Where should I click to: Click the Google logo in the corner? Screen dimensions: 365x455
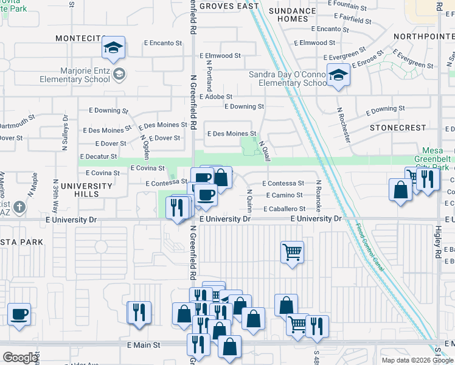[x=20, y=358]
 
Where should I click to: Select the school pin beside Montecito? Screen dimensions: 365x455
[x=113, y=48]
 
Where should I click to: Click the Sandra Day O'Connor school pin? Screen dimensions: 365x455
[x=336, y=75]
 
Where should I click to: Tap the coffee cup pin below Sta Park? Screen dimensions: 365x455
[x=19, y=314]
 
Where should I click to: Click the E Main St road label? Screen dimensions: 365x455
[x=144, y=344]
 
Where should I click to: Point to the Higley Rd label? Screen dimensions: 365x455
[x=437, y=235]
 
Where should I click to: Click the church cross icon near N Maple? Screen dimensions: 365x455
[x=19, y=207]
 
